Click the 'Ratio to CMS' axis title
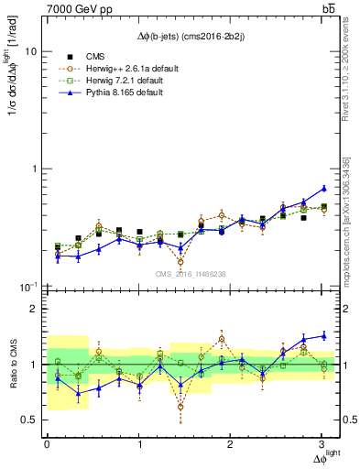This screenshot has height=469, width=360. coord(12,365)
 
